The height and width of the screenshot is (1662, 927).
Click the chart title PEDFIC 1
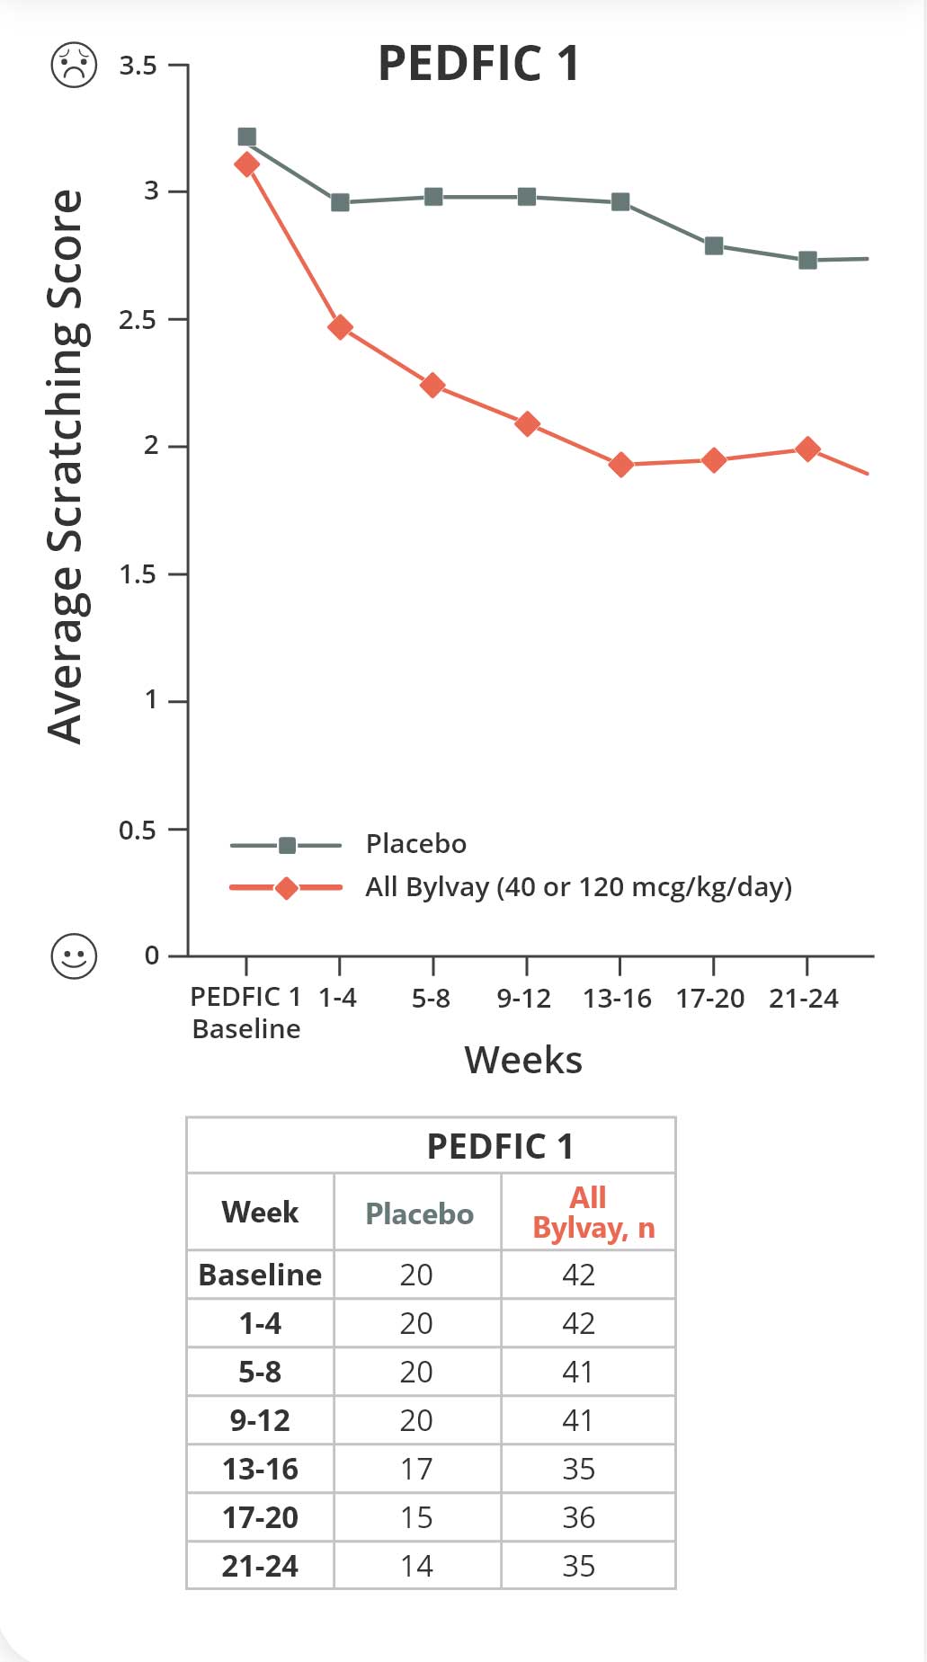point(478,64)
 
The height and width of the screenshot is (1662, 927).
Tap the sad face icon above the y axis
point(74,65)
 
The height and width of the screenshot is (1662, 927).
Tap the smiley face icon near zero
point(74,955)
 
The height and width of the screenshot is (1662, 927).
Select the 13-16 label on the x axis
point(617,999)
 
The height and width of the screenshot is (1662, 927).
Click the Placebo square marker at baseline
point(246,137)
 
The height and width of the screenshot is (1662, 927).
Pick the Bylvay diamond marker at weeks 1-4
point(340,327)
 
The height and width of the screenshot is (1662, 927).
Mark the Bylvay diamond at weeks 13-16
point(620,465)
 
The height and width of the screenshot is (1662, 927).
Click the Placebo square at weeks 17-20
point(714,245)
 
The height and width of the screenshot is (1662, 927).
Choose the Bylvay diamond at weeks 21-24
point(807,449)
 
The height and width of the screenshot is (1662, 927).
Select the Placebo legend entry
point(415,844)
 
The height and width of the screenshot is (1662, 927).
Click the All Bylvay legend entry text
point(578,887)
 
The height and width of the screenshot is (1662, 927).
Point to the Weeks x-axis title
point(523,1061)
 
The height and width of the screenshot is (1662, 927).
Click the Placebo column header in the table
point(419,1213)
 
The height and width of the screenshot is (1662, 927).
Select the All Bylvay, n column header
point(593,1213)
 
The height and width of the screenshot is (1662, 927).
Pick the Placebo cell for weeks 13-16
point(416,1469)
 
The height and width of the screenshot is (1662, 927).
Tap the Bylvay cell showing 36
point(578,1517)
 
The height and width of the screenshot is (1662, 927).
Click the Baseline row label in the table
point(260,1275)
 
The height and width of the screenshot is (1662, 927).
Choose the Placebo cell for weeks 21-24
point(416,1566)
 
